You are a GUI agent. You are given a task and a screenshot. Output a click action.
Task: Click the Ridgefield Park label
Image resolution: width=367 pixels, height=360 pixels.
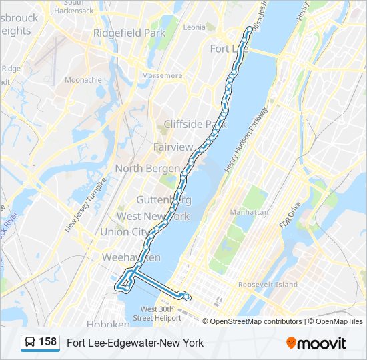pos(129,33)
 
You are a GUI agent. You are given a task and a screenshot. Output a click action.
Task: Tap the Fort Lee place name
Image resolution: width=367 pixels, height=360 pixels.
pos(224,49)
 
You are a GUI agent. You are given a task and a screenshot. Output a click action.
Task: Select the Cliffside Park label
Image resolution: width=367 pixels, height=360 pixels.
pos(196,124)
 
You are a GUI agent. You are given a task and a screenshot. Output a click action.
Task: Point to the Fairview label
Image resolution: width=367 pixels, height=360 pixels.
pos(173,147)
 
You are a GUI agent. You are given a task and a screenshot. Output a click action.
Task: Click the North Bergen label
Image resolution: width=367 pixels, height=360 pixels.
pos(147,169)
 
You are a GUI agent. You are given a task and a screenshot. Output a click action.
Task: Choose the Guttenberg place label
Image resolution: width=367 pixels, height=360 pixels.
pos(163,200)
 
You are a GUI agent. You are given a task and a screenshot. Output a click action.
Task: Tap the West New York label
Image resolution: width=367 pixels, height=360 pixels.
pos(153,217)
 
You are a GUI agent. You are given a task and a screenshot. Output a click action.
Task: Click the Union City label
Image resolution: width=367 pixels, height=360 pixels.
pos(125,232)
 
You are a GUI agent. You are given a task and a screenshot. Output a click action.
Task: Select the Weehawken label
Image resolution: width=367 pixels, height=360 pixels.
pos(131,257)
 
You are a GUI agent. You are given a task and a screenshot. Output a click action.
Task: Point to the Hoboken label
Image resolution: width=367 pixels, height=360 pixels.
pos(107,324)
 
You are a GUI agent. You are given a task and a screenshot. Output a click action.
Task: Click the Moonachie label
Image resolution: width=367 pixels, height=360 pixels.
pos(83,80)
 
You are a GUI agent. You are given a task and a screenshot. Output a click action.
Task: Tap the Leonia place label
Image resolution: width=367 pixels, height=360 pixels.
pos(194,27)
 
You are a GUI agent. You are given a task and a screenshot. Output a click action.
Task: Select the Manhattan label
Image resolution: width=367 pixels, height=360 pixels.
pos(249,212)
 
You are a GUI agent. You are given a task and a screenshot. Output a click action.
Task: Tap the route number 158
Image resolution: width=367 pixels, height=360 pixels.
pos(48,342)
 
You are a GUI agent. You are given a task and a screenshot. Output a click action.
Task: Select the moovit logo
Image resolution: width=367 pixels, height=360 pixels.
pos(316,343)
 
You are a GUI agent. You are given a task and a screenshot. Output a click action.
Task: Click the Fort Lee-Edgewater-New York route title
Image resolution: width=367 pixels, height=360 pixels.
pos(135,343)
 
